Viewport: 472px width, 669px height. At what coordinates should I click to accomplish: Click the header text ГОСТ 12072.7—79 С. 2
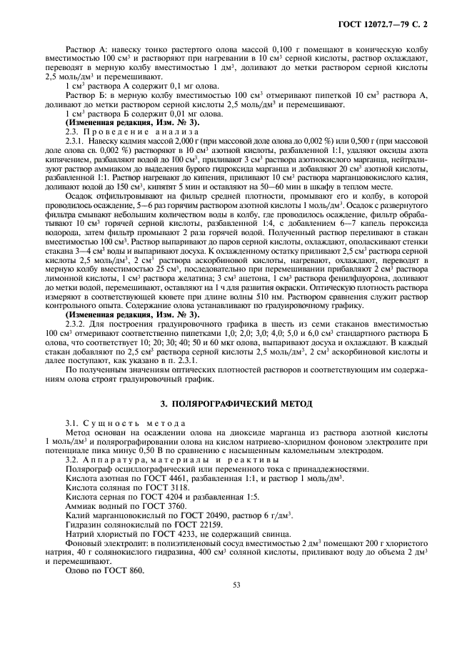click(386, 26)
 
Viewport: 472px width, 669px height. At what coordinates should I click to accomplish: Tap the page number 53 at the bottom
click(236, 584)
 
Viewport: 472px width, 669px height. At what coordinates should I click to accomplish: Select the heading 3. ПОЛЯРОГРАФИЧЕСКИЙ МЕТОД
click(236, 404)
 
